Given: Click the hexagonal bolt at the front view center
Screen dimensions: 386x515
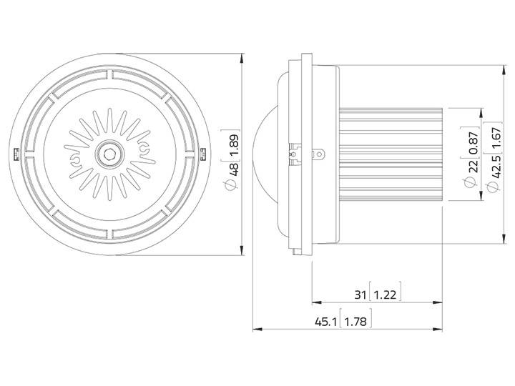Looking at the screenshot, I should tap(109, 152).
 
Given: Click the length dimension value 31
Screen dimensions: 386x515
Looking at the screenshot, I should tap(359, 293).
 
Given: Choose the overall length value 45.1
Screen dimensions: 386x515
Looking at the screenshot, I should tap(326, 322).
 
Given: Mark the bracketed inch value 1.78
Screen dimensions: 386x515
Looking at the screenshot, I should tap(355, 322).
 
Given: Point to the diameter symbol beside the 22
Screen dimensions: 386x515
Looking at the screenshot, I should tap(473, 182).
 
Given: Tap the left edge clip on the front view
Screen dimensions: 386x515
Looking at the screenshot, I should tap(16, 153).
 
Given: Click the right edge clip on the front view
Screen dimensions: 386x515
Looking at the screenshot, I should tap(203, 153).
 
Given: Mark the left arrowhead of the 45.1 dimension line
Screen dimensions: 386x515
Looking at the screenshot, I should tap(257, 330).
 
